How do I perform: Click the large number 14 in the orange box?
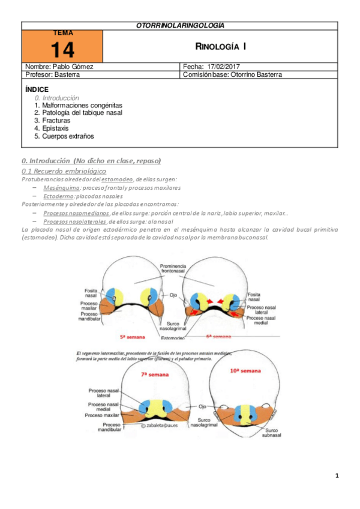62,49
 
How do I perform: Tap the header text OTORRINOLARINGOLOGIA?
180,25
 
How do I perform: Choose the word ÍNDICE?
37,89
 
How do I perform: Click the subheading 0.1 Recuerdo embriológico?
63,171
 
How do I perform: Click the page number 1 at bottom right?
337,476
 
